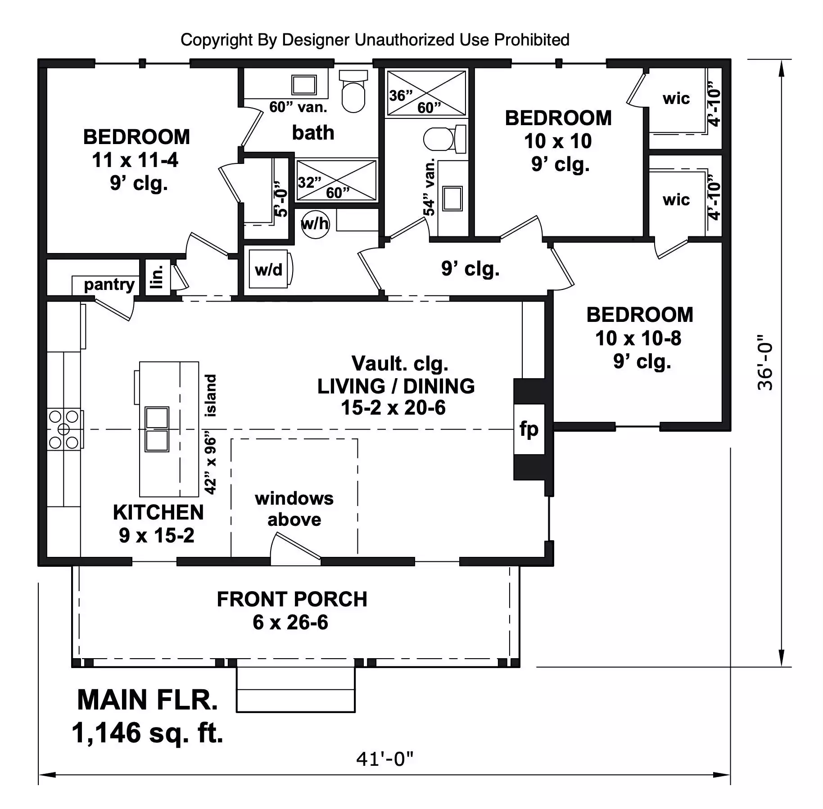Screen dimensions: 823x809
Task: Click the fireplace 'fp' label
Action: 529,429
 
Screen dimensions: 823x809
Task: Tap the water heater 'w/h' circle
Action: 315,224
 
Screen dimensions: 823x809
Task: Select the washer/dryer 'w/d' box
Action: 269,269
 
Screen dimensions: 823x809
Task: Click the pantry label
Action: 109,285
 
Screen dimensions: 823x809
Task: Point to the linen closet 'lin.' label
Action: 157,276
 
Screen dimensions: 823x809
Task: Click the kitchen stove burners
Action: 64,429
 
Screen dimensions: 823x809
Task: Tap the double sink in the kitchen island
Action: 157,429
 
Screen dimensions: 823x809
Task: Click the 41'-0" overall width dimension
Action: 384,759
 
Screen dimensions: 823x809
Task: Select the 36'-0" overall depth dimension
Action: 765,362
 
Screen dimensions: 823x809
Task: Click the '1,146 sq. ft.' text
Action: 148,732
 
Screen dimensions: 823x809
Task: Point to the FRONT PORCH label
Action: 292,599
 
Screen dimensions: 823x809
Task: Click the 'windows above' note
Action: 294,509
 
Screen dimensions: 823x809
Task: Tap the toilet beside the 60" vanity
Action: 353,91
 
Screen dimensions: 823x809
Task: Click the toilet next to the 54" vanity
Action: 444,139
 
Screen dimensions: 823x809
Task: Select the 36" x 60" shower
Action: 426,93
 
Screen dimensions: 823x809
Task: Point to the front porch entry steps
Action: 296,689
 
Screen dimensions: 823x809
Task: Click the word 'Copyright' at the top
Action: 217,40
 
